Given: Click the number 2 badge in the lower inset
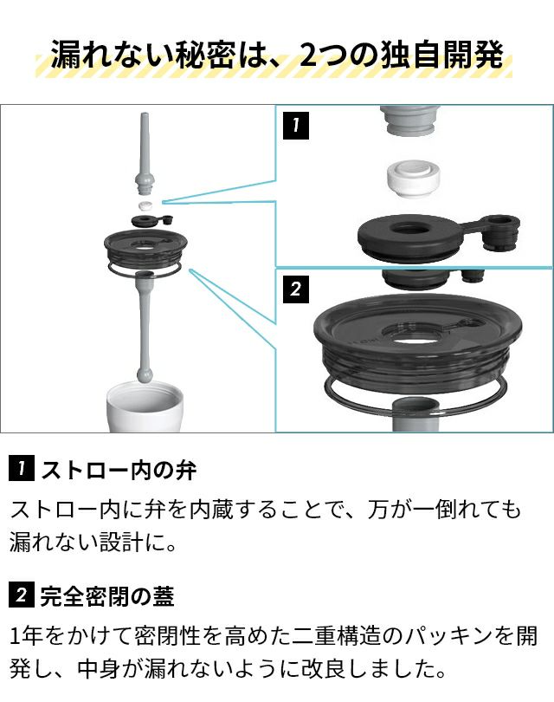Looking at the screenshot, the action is (295, 289).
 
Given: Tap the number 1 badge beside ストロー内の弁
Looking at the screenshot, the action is (21, 468).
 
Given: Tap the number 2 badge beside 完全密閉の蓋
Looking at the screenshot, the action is (21, 595).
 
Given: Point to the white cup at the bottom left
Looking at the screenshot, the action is (144, 406).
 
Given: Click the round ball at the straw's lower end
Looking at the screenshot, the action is (145, 374).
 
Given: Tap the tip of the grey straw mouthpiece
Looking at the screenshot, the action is (144, 114).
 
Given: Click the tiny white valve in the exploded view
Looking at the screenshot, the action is (145, 206).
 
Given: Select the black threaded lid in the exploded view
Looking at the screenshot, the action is (145, 249).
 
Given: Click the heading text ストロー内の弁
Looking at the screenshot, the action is (118, 469).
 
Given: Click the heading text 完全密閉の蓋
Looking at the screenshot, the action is (107, 596).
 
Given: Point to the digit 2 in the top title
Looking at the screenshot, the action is (307, 55).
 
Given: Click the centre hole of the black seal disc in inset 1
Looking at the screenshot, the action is (409, 229).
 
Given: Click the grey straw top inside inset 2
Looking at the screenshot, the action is (415, 414).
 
